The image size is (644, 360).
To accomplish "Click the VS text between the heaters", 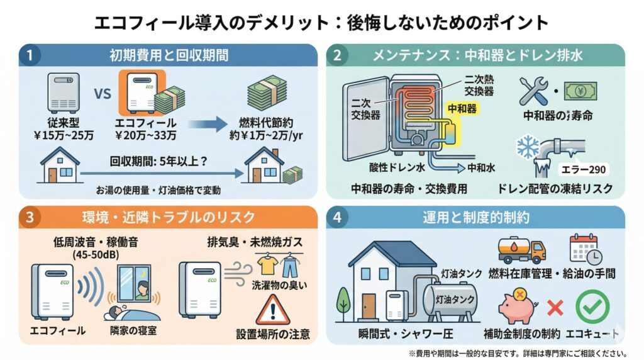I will coord(102,96).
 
